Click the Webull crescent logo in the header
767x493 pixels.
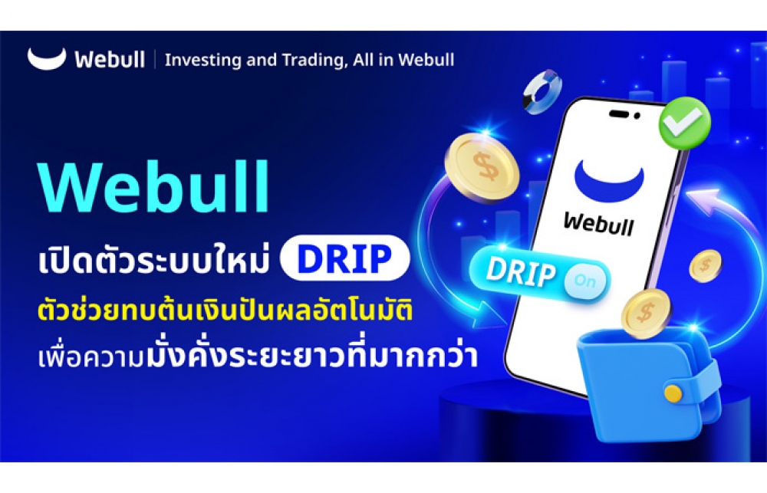click(47, 59)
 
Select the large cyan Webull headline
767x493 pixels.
click(153, 187)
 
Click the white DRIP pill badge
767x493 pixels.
click(344, 258)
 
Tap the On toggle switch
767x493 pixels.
click(584, 281)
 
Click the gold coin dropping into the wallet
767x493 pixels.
click(646, 314)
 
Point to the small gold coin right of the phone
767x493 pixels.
click(706, 265)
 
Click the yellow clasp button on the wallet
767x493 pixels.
click(673, 393)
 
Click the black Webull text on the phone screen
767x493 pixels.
click(598, 224)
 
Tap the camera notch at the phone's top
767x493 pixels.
click(624, 114)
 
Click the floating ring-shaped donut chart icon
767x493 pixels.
click(542, 92)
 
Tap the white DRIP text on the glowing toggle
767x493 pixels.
click(521, 272)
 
